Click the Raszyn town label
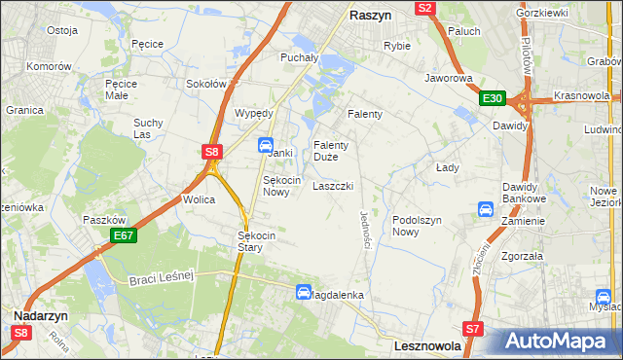coord(370,17)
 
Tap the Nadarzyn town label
coord(40,316)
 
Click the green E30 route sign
coord(492,98)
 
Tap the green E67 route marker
coord(123,235)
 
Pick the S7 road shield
coord(473,329)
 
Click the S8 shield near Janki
coord(213,151)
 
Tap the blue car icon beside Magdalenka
coord(304,292)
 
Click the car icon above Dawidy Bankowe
coord(486,209)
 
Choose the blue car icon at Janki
coord(265,145)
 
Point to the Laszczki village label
coord(332,186)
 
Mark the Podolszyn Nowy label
coord(418,226)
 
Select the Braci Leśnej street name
coord(163,279)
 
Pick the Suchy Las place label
coord(150,128)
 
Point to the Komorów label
coord(50,66)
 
